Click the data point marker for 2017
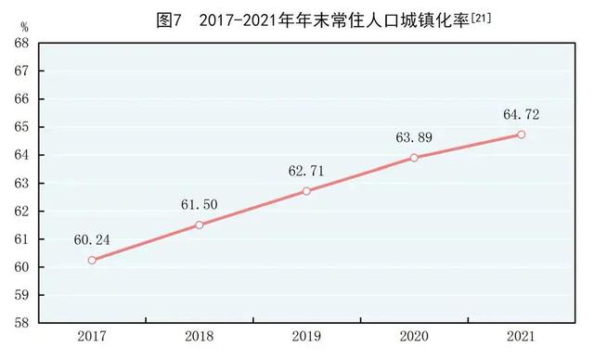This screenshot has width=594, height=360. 92,260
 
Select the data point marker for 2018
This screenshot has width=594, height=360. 200,225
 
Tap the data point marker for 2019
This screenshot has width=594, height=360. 306,191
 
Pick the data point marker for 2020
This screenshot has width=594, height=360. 414,158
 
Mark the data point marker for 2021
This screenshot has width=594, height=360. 522,135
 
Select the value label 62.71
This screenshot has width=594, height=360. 307,170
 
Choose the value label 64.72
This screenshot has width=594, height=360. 521,114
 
